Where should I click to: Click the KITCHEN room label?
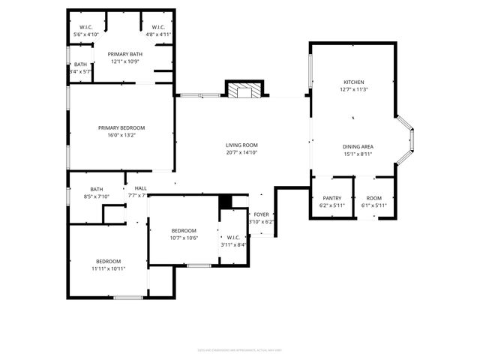(x=353, y=82)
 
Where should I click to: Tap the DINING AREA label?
(x=358, y=146)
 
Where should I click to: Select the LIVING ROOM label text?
(x=241, y=145)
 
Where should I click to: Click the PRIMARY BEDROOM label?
(x=121, y=128)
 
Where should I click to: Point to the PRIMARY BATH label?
(x=125, y=54)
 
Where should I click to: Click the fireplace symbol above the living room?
(x=245, y=91)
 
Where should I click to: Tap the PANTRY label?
(x=332, y=198)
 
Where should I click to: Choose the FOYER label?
(x=261, y=214)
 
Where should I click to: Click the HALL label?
(x=140, y=188)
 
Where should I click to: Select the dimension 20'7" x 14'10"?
(x=241, y=152)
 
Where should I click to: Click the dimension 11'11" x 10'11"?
(x=109, y=268)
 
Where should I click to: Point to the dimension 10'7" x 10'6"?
(x=184, y=238)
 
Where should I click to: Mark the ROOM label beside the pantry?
(x=373, y=198)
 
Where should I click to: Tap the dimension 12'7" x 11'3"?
(x=353, y=90)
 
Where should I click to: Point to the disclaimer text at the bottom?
(x=239, y=348)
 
